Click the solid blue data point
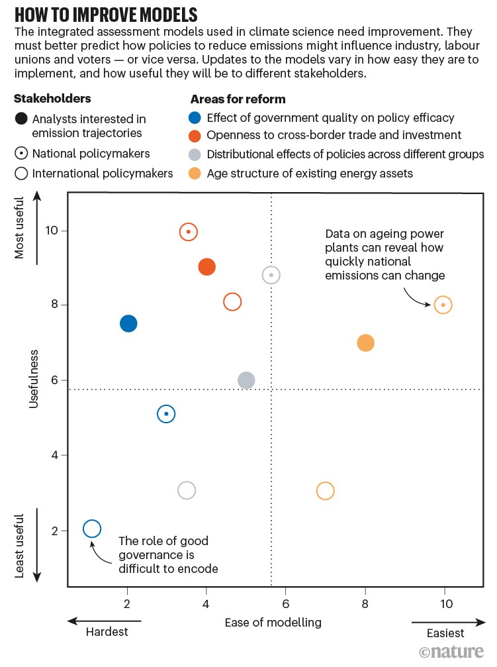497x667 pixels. [x=128, y=323]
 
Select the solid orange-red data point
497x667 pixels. [x=206, y=267]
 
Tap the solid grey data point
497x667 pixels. [x=246, y=380]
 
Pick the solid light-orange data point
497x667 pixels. [x=365, y=343]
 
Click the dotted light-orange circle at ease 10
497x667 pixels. [x=443, y=305]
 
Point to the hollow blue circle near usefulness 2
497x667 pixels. [x=92, y=529]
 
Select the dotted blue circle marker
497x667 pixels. [x=166, y=414]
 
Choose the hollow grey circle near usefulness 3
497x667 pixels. [x=187, y=491]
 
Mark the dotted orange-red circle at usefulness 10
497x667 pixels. [x=189, y=232]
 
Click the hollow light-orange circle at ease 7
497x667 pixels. [x=325, y=491]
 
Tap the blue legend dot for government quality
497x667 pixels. [x=195, y=119]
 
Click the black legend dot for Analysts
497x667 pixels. [x=21, y=119]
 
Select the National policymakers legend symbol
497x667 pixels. [x=21, y=154]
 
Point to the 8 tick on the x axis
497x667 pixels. [x=365, y=604]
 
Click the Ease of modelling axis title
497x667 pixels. [x=273, y=622]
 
